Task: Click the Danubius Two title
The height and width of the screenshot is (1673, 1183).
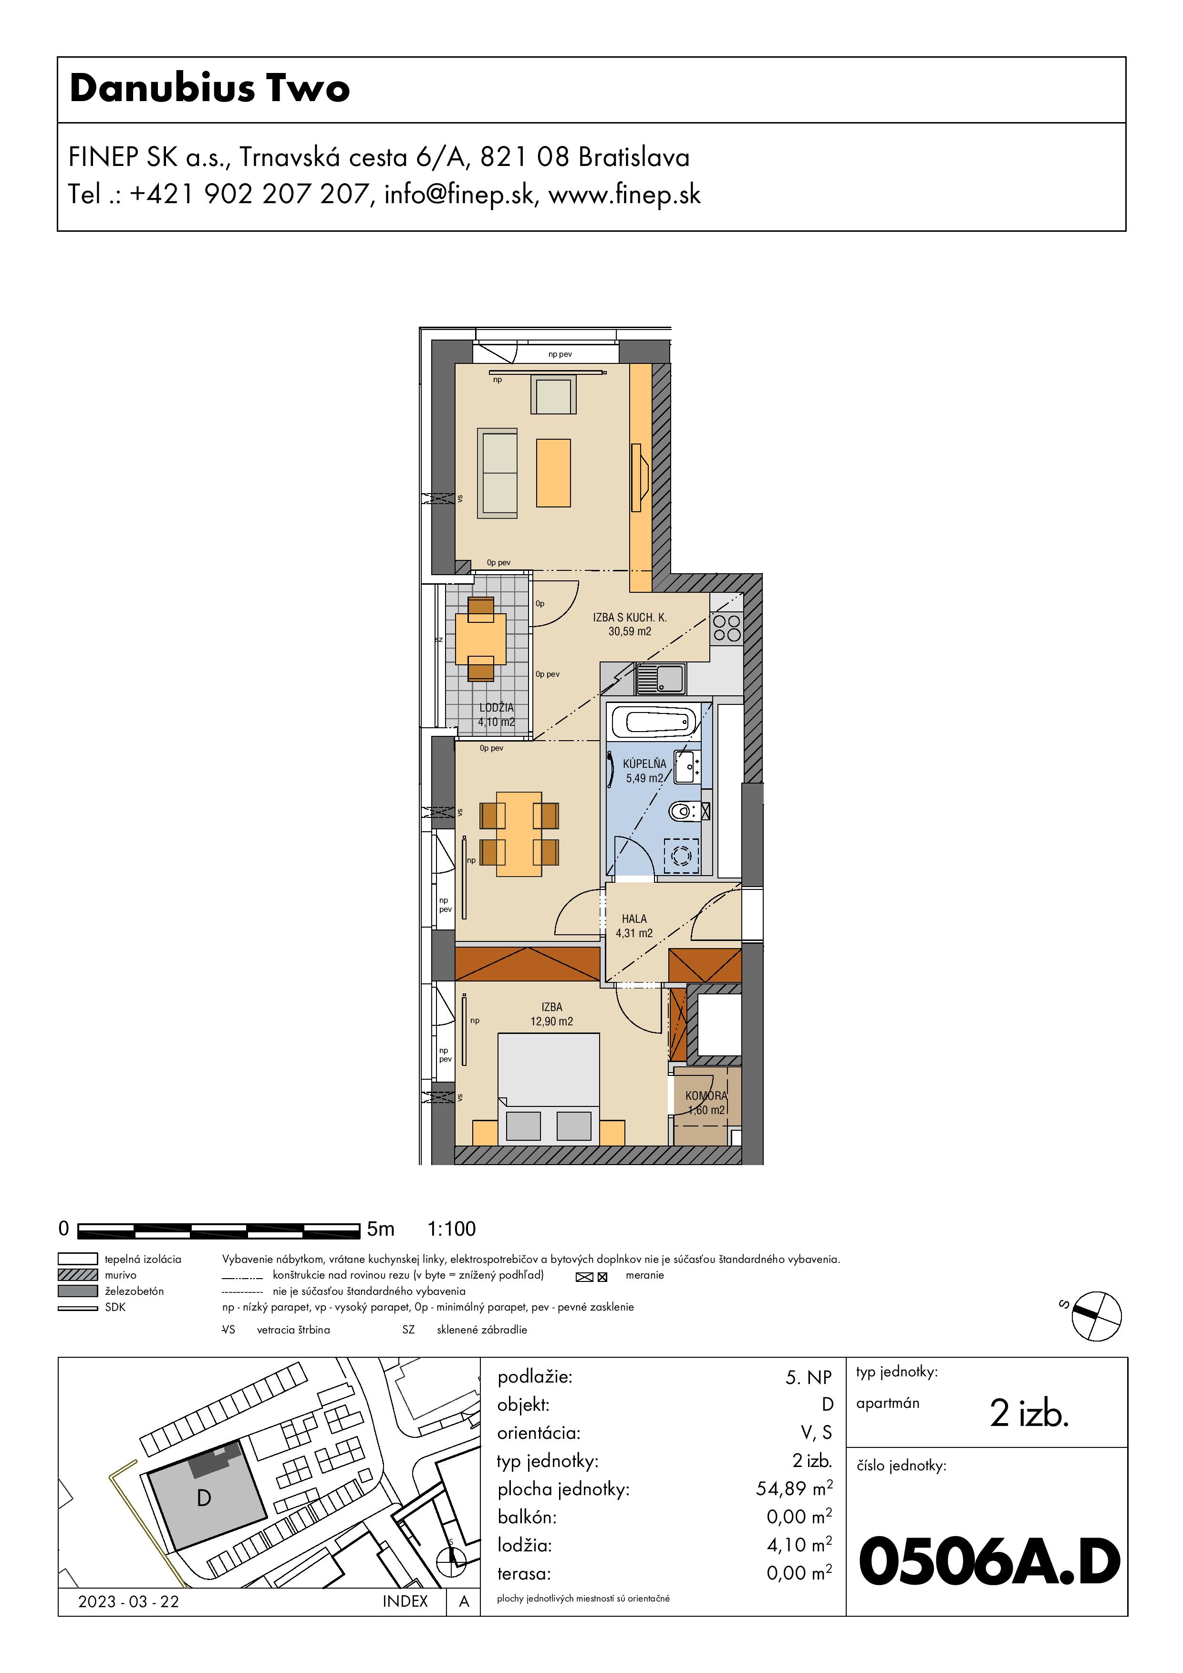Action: coord(210,88)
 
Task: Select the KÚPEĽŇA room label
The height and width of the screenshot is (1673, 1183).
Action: coord(644,764)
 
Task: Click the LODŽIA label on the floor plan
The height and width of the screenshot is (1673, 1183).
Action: coord(497,708)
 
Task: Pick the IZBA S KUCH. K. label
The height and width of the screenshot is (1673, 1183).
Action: coord(630,617)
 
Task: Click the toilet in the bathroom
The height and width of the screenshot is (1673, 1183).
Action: coord(684,810)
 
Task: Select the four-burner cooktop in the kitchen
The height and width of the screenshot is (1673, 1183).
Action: coord(726,628)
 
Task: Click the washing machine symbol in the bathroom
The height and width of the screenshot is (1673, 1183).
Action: coord(682,856)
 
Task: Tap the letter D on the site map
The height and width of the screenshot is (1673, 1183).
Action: coord(204,1498)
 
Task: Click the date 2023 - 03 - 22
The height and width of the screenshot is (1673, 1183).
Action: coord(128,1601)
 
